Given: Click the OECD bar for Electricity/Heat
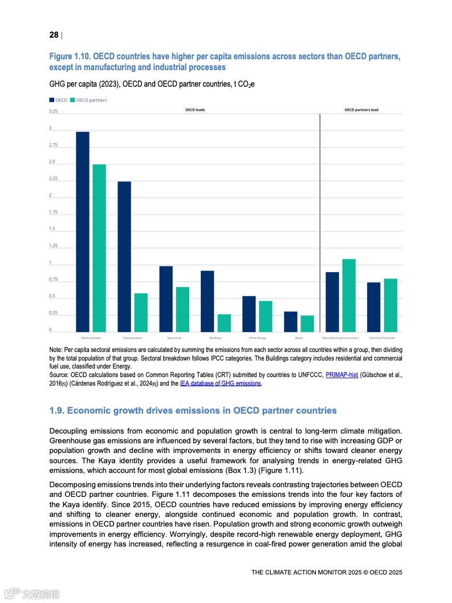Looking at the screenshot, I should pos(83,232).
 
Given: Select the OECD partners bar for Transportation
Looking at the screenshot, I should pos(141,313).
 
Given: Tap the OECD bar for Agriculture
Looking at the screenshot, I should pos(166,299).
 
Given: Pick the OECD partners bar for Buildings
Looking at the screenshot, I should pos(224,323).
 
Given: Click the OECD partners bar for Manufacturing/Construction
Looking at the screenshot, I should pos(349,296).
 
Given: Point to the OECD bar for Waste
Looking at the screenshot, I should pos(291,322).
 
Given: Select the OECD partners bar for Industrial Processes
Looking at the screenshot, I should pos(390,305).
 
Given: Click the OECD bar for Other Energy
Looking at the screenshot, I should pos(249,314).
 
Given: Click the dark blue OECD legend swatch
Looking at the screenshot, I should pos(52,100).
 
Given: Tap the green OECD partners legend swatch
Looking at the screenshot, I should pos(72,100).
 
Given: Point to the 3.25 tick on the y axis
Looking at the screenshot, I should pos(53,111).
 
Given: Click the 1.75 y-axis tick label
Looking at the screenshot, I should pos(53,212).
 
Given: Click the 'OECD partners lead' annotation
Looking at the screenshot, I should pos(361,110).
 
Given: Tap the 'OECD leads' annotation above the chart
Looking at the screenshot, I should pos(195,110).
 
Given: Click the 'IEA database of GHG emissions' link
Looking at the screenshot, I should pos(220,384).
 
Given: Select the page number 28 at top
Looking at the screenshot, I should pos(54,35).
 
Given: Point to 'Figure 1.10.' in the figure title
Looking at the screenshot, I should pos(70,56).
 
